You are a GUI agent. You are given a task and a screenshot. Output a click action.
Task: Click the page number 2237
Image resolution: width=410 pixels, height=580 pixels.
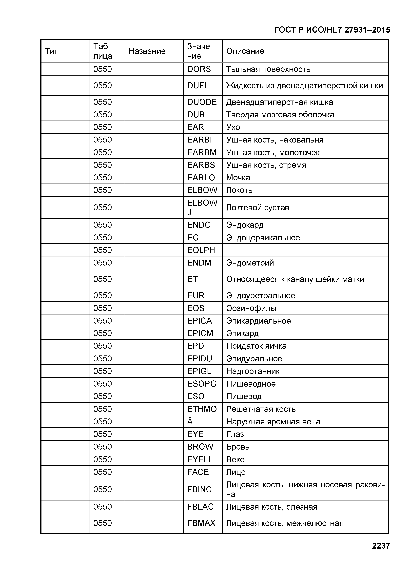381,546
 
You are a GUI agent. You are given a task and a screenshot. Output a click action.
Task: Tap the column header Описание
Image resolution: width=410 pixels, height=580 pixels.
245,51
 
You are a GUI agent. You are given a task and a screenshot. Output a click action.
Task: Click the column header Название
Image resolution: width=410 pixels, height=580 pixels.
147,51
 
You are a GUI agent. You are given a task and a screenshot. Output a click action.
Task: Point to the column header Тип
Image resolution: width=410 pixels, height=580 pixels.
52,51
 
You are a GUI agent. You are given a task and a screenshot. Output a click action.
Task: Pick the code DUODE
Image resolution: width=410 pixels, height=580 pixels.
202,102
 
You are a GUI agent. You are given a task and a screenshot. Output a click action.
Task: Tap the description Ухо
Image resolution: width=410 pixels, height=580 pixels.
233,127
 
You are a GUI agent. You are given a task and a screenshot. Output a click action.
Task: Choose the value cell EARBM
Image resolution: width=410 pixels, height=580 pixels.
202,152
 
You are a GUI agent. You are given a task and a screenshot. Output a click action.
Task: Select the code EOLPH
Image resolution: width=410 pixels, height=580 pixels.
201,250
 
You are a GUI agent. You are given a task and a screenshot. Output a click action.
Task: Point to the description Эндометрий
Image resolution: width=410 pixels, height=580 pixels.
250,263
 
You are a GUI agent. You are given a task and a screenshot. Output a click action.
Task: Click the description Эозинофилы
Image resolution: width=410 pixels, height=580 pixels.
251,308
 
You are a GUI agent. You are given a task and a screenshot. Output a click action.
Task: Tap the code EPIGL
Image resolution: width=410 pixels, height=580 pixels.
199,371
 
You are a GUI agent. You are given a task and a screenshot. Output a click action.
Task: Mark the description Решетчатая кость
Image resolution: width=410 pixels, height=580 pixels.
261,409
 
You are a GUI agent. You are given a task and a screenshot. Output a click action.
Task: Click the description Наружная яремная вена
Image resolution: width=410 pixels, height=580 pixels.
273,422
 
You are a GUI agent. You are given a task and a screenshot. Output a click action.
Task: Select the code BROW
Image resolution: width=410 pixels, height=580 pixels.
200,447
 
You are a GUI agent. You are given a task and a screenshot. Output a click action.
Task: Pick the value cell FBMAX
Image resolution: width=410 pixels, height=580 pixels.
201,523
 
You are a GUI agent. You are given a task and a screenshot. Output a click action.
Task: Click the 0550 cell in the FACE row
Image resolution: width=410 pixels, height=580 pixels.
102,472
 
